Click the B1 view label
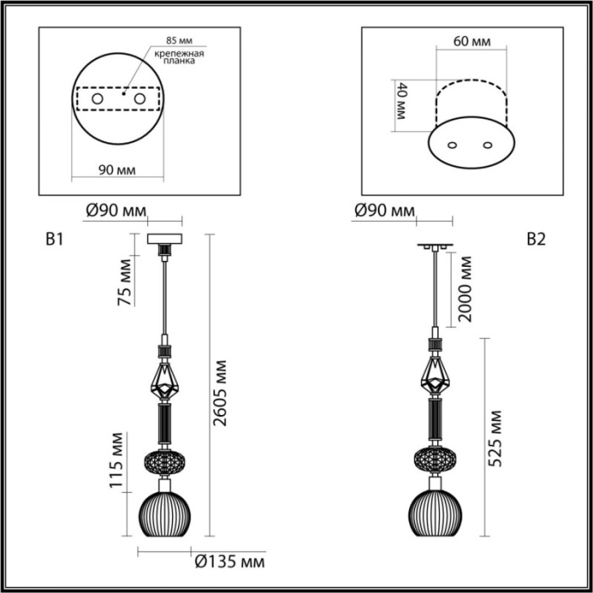(54, 240)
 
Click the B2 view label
(535, 240)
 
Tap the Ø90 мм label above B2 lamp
(386, 210)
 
